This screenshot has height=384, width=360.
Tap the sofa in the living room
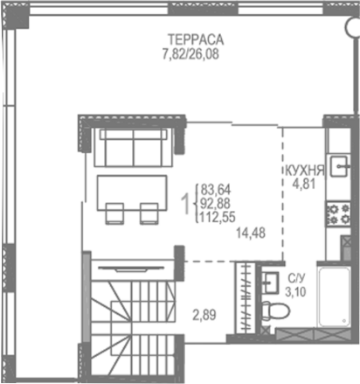(133, 147)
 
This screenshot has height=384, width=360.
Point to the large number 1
(184, 204)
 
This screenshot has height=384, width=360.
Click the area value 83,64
(217, 188)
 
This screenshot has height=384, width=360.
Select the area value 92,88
(217, 204)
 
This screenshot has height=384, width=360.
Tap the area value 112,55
(219, 220)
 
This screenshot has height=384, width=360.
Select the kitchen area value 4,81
(302, 185)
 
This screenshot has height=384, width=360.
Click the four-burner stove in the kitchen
(337, 213)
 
